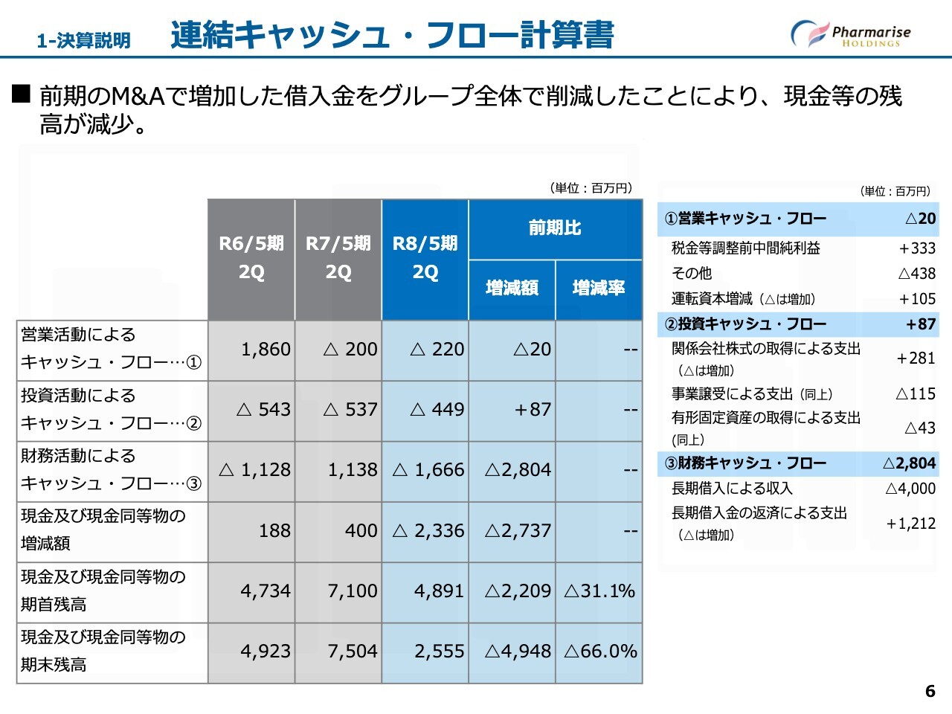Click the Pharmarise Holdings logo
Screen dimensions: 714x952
click(x=851, y=34)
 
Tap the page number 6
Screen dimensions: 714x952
click(x=930, y=691)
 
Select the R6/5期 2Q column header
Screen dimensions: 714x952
click(x=251, y=257)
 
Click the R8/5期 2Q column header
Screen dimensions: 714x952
click(x=425, y=257)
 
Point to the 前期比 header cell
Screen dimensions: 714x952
click(x=555, y=228)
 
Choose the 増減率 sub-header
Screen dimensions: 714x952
click(x=599, y=288)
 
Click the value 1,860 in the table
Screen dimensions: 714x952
click(x=266, y=349)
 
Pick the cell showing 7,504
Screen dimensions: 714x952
click(x=353, y=652)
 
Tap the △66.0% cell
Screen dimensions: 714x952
click(x=600, y=652)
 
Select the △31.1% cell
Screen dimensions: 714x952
click(x=599, y=591)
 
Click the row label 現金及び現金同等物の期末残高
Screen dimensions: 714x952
click(x=103, y=651)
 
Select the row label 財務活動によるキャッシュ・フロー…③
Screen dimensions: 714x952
click(x=111, y=469)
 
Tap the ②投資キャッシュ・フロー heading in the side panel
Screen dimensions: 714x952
click(x=745, y=324)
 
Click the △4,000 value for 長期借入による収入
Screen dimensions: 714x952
click(x=910, y=489)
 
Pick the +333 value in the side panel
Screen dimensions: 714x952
click(x=917, y=248)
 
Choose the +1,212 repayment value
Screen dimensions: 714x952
click(x=910, y=524)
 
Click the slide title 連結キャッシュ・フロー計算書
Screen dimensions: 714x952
click(x=392, y=35)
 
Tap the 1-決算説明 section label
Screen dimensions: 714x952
click(x=83, y=40)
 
